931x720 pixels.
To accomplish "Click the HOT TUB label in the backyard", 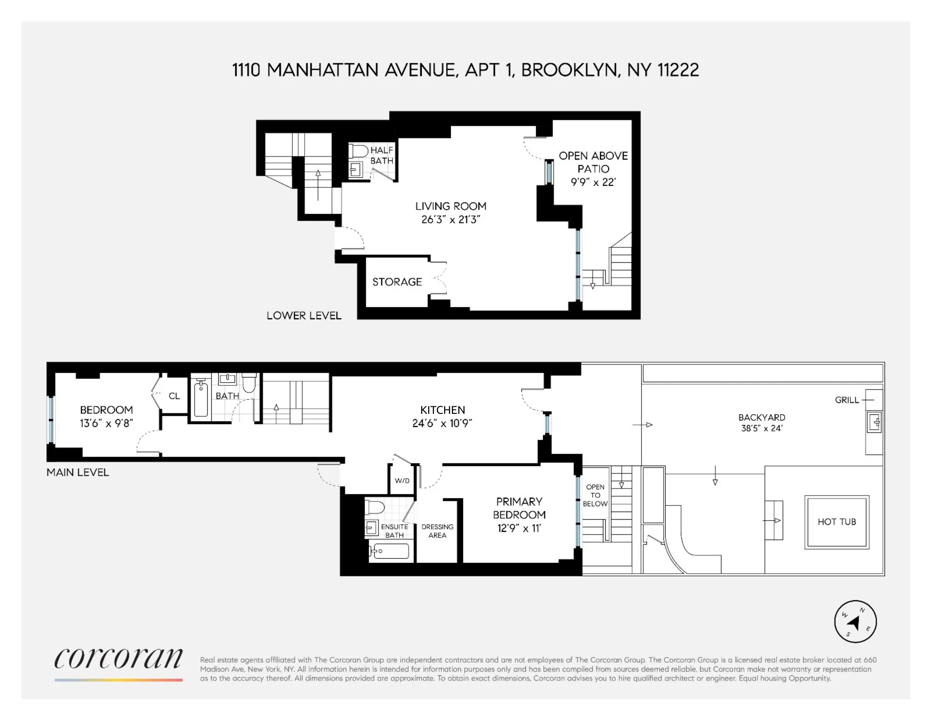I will point(837,522).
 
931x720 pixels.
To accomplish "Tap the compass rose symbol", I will point(855,622).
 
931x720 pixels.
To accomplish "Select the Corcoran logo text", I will point(118,658).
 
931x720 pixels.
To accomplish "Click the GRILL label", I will point(847,400).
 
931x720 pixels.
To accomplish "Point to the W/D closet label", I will point(402,480).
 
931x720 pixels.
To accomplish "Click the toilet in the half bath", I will point(358,151).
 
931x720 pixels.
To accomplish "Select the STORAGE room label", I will point(397,282).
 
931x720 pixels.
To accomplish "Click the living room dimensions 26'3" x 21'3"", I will point(451,219).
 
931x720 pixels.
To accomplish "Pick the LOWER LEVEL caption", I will point(304,315).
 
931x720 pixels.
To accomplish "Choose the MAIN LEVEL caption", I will point(78,473).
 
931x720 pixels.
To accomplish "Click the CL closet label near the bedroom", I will point(174,396).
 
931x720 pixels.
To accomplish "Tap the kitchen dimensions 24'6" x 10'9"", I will point(442,423).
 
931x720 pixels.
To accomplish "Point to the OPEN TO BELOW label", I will point(595,495).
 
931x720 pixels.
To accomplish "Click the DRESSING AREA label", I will point(437,531).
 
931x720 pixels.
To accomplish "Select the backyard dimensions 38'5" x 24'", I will point(762,428).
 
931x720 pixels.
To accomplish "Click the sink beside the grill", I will point(874,423).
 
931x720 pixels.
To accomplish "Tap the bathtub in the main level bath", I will point(201,398).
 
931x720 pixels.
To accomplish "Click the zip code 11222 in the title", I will point(678,70).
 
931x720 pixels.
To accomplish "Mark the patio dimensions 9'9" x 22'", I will point(593,182).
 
